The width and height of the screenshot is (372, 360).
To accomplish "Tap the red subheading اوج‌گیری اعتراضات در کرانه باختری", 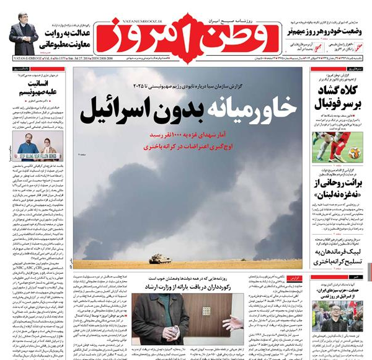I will [185, 148].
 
